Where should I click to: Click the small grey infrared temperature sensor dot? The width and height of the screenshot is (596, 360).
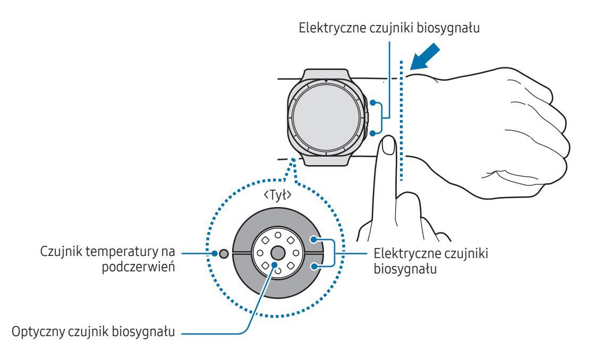pos(224,254)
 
